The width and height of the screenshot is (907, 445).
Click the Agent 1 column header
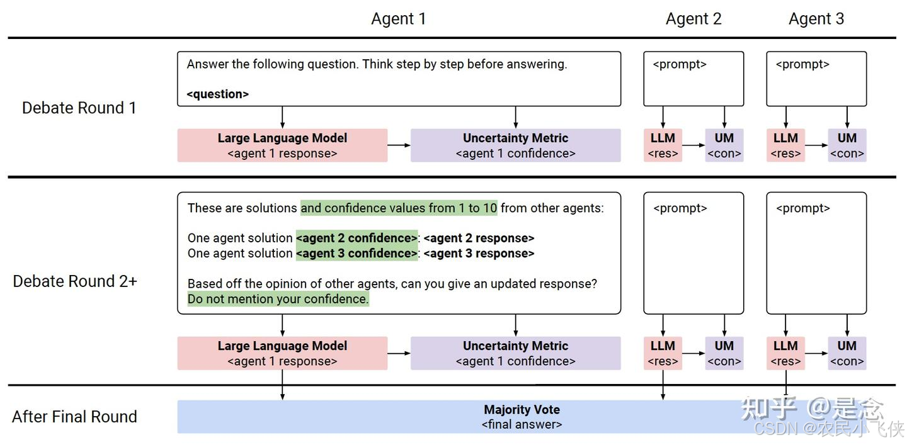click(398, 19)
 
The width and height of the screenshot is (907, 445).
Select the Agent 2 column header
click(693, 19)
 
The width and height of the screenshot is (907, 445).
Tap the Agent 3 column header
click(816, 19)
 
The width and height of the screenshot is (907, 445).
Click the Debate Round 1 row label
click(79, 108)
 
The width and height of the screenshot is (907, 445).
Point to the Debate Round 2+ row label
click(74, 281)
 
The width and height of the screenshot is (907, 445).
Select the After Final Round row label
click(74, 416)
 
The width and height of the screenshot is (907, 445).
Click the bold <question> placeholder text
click(217, 94)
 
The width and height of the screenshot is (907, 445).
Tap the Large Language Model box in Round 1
click(282, 145)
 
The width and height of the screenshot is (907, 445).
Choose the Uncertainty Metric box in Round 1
click(515, 145)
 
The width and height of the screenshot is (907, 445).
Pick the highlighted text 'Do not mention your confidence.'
click(278, 299)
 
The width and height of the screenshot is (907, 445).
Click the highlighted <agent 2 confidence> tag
click(357, 238)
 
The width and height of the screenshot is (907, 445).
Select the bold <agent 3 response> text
click(479, 254)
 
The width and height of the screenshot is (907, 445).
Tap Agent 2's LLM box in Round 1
click(663, 145)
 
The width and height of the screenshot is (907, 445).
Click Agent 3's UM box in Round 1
click(847, 145)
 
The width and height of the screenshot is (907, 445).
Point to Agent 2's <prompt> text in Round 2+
click(680, 208)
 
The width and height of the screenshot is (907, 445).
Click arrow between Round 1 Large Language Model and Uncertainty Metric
click(399, 145)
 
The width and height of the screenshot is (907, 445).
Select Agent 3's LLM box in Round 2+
click(785, 353)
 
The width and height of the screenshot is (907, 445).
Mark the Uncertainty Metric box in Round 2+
click(515, 353)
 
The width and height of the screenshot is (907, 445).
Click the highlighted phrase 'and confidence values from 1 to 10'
click(399, 208)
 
